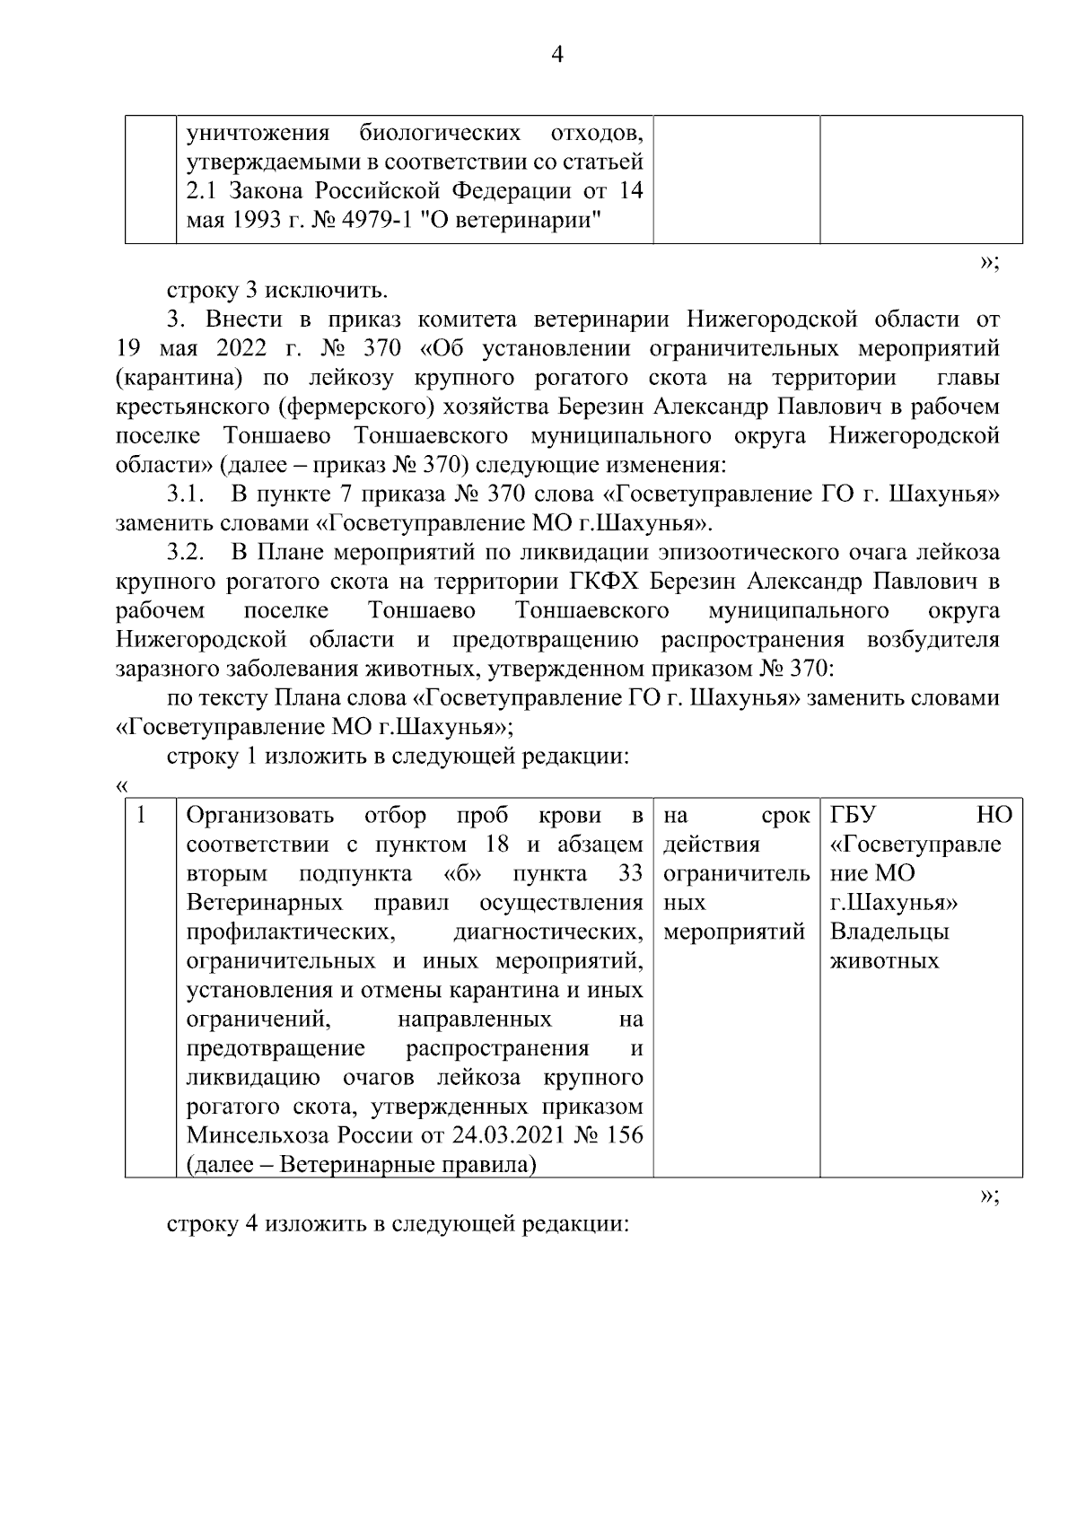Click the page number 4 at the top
[556, 56]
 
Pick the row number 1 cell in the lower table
[142, 816]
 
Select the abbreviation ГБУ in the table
[853, 815]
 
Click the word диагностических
[548, 932]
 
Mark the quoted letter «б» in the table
[462, 873]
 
